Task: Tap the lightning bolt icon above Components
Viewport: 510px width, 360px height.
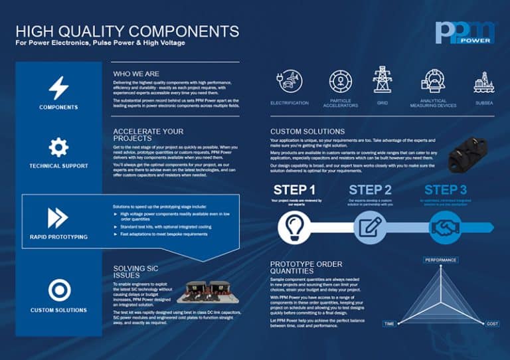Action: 58,88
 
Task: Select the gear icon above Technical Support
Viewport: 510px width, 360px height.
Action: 58,147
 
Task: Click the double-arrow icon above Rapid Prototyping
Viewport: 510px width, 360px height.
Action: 58,217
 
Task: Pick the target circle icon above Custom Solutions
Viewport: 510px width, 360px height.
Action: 58,290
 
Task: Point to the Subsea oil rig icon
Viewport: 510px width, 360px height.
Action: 484,82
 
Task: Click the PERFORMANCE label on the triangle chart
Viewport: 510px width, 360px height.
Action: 441,260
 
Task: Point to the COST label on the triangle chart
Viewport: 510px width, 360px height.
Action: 493,323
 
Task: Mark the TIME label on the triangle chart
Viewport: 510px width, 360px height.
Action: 389,323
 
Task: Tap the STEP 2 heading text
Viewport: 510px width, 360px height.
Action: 370,190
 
